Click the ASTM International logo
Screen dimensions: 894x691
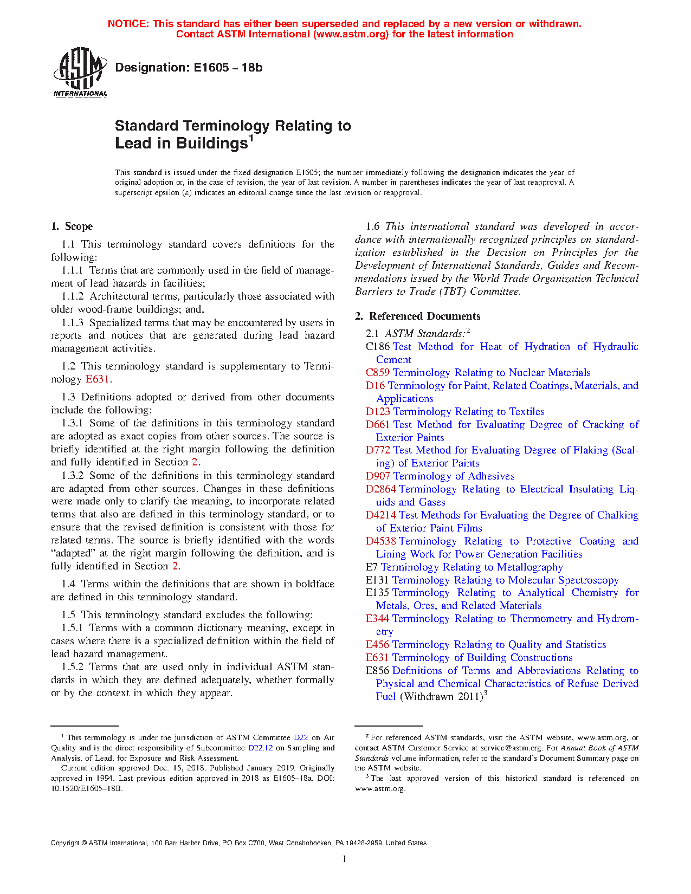click(80, 72)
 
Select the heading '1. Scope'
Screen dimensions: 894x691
click(72, 226)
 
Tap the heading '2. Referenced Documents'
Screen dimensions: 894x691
click(418, 316)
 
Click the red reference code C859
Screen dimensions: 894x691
click(377, 373)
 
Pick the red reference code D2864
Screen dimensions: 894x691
click(380, 489)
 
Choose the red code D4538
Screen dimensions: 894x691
click(380, 541)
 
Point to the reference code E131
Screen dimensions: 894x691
click(377, 580)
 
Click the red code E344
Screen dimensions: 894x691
click(377, 619)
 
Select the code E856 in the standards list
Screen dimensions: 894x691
click(377, 671)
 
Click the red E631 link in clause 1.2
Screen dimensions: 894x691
click(98, 379)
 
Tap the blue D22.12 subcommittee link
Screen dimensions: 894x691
click(260, 748)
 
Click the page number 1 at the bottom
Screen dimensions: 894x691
click(345, 859)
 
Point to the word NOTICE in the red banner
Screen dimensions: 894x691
click(128, 24)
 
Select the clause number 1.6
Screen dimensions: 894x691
click(373, 226)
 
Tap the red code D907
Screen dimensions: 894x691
click(378, 476)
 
